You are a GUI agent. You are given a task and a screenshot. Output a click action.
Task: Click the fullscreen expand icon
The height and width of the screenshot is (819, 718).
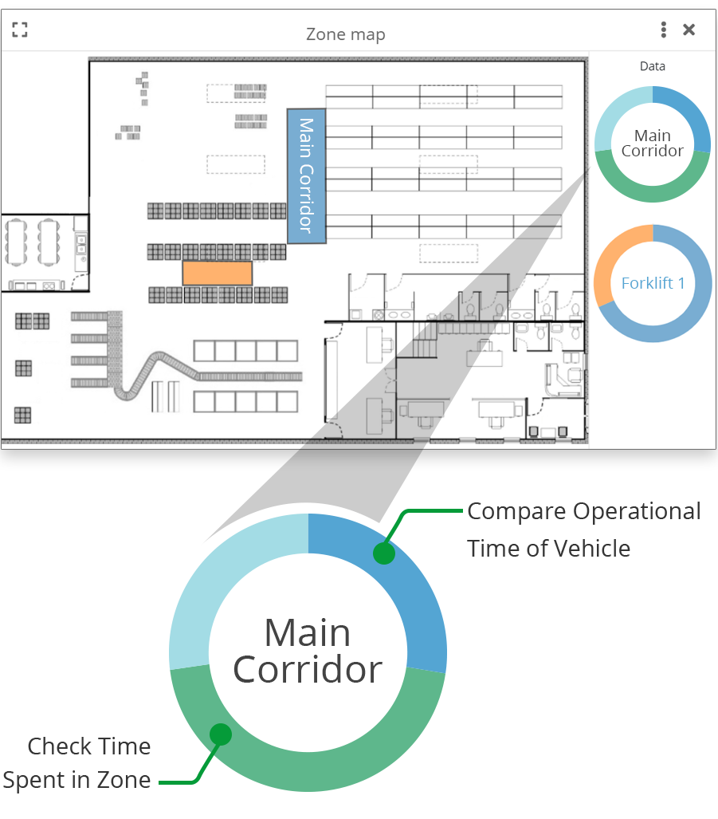20,30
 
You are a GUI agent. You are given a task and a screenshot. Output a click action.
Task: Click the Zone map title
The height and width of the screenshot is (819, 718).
345,34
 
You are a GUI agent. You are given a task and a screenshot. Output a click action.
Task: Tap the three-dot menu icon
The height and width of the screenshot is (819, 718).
663,30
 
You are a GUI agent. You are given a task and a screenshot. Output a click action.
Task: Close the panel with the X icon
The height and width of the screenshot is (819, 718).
689,30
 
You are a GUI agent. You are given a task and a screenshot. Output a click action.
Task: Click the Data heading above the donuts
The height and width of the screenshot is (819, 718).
652,66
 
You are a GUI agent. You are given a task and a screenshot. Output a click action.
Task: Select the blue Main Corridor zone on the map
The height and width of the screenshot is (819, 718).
306,175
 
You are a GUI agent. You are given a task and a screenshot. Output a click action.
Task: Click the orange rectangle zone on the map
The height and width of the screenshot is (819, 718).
218,273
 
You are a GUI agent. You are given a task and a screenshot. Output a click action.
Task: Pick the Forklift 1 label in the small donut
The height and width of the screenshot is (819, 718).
653,283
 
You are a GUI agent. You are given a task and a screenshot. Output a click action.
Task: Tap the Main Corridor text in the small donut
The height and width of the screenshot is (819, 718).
653,144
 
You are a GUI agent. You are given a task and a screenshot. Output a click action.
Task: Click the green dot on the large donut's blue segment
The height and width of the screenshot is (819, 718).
384,553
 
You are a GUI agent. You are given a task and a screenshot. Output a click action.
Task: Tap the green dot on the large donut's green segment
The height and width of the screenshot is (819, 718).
221,734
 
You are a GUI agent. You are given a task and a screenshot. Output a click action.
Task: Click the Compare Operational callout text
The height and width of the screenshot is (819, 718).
583,511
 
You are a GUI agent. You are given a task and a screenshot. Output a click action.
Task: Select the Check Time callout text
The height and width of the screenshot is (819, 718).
89,747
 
